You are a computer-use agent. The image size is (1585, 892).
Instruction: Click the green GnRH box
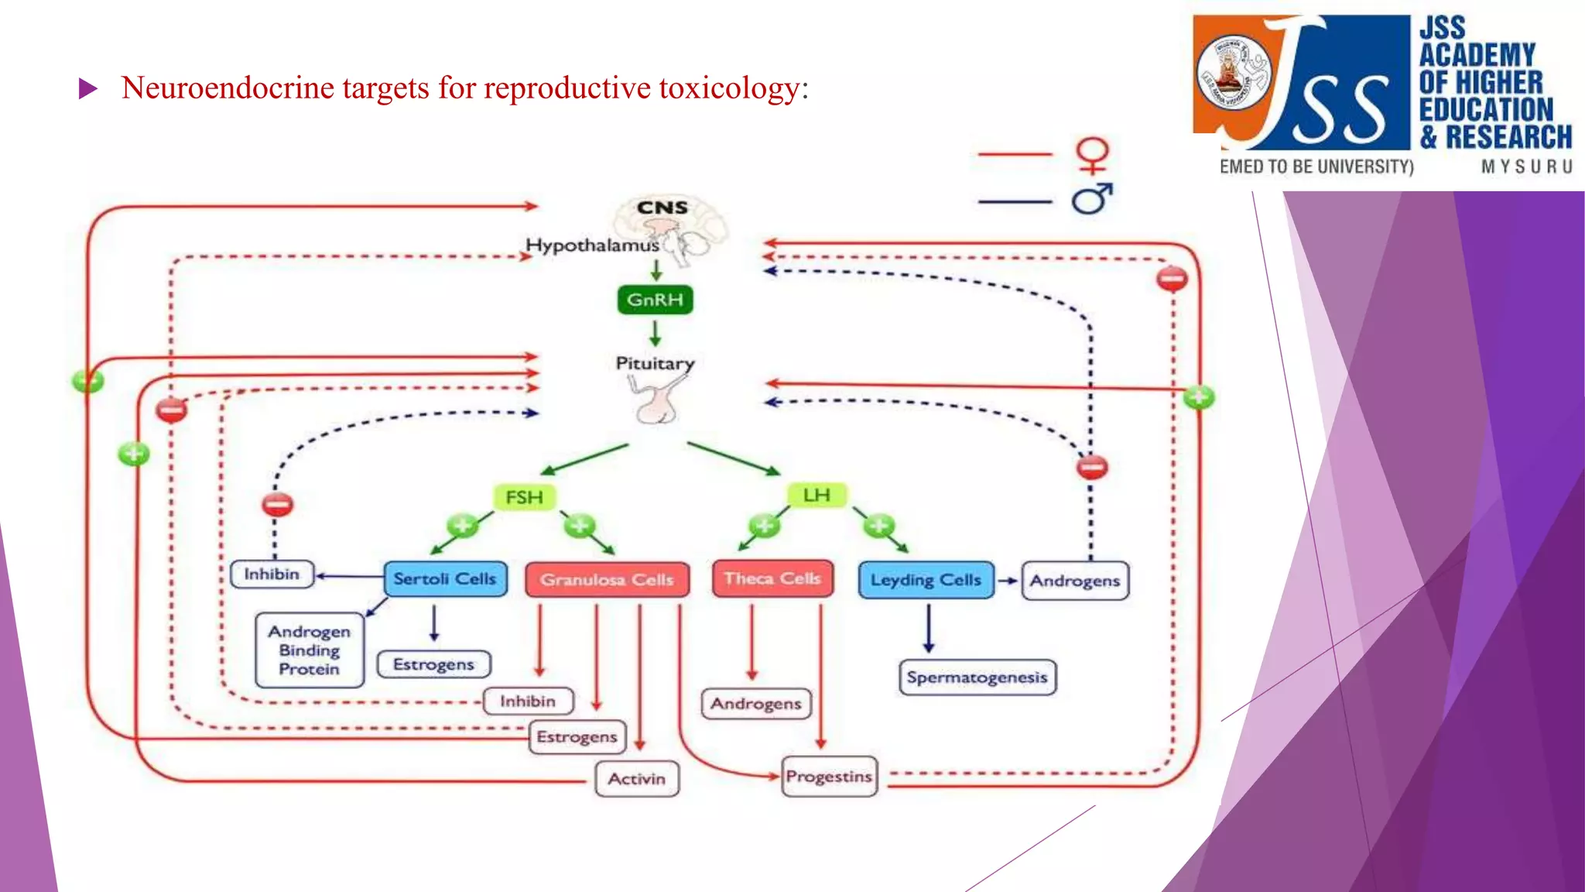click(655, 300)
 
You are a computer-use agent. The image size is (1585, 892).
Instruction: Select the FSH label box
click(524, 497)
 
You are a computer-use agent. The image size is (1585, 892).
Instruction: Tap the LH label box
click(816, 495)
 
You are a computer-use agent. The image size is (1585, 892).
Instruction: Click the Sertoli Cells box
click(445, 578)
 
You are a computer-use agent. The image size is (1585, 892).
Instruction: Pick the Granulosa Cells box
click(607, 579)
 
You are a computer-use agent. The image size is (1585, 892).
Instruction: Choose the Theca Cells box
click(772, 578)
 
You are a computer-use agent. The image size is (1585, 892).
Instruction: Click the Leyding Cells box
click(926, 580)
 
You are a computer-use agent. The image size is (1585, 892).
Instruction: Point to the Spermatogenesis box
click(977, 678)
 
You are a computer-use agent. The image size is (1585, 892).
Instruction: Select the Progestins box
click(829, 777)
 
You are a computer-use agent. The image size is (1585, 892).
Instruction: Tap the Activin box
click(636, 779)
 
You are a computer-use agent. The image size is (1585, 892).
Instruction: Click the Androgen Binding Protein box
click(310, 650)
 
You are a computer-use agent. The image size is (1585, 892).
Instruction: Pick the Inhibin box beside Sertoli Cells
click(272, 575)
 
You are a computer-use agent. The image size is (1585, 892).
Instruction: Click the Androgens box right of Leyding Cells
click(1074, 581)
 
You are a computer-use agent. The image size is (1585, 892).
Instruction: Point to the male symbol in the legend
click(1092, 200)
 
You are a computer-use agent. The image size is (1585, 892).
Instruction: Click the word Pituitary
click(655, 363)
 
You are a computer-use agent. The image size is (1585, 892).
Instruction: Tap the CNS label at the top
click(662, 208)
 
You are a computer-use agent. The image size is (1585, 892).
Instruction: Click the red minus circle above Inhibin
click(277, 505)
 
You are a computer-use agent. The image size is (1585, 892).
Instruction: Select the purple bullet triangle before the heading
click(88, 89)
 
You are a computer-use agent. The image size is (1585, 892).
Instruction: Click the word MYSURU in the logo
click(1526, 166)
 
